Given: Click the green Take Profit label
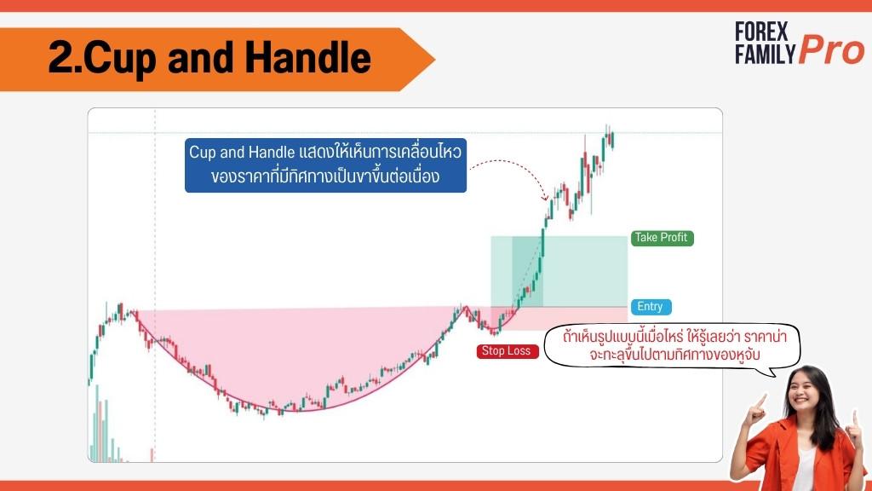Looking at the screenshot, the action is click(663, 238).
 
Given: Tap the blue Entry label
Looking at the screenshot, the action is click(651, 307).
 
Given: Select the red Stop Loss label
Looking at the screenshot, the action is click(508, 351).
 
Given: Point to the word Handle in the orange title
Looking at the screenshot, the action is click(307, 57).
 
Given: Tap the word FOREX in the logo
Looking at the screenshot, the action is click(761, 32).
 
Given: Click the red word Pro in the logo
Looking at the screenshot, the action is click(832, 50).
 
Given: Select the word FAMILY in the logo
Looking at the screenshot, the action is click(766, 55).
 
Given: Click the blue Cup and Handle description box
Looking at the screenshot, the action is click(325, 165).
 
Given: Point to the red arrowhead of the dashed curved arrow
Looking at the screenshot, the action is click(545, 197).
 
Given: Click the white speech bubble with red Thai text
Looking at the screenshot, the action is click(672, 346).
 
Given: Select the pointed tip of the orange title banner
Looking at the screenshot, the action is click(434, 59).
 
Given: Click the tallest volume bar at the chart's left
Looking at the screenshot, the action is click(97, 423).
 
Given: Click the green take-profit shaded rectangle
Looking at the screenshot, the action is click(559, 272).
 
